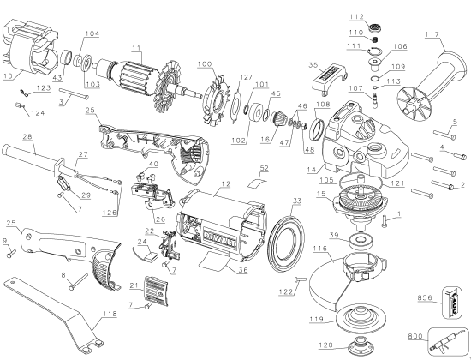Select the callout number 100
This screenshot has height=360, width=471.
point(204,64)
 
